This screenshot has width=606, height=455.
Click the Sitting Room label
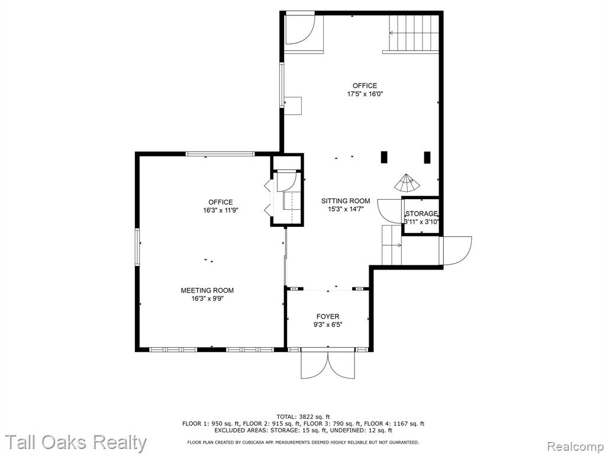pos(346,201)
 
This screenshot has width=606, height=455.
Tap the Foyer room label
pos(328,316)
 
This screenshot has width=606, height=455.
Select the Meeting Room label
pos(207,290)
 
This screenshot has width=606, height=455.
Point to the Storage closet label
pos(421,213)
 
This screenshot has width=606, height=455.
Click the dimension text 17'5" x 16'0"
pos(365,94)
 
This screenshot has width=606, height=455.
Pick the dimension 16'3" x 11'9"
pos(220,210)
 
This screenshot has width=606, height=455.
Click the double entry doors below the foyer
pos(328,364)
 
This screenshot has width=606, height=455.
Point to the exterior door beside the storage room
pos(457,251)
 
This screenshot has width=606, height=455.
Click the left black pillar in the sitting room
pos(383,157)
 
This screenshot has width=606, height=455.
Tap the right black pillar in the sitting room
pos(427,157)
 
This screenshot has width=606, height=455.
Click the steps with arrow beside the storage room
pos(392,245)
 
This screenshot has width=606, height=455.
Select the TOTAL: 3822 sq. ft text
pos(303,416)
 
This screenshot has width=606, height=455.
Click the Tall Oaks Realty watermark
pos(76,443)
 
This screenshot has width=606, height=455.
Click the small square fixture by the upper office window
pos(292,105)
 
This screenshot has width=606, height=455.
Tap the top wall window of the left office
pos(220,153)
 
